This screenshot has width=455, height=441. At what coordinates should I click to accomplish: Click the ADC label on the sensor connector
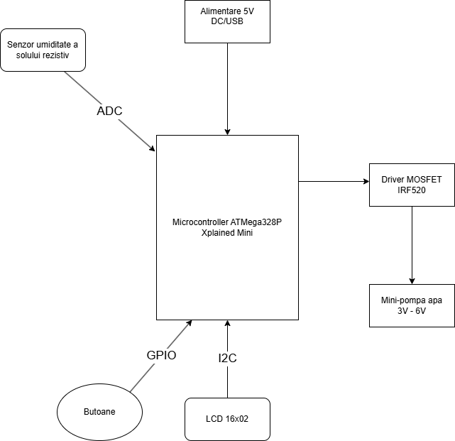(x=109, y=111)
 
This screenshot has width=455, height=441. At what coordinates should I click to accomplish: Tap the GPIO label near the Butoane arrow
(x=161, y=355)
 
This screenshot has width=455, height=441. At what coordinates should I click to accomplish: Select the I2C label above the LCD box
(x=227, y=358)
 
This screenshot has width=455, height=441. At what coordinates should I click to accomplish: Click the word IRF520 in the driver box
(x=412, y=190)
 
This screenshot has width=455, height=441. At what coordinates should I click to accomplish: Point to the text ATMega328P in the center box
(x=256, y=222)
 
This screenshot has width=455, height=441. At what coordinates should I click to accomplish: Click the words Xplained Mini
(x=227, y=233)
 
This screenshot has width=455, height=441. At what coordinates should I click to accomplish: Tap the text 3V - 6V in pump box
(x=412, y=311)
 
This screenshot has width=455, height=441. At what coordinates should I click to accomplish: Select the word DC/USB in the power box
(x=227, y=21)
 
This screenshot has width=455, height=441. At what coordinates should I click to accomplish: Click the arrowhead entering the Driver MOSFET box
(x=366, y=182)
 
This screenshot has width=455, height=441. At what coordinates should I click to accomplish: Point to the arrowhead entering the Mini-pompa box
(x=412, y=281)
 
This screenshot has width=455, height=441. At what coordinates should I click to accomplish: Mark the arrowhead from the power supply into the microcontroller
(x=227, y=132)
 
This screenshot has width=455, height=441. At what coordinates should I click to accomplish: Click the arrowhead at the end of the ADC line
(x=153, y=148)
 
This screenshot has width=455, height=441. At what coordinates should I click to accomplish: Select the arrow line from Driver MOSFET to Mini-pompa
(x=412, y=245)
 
